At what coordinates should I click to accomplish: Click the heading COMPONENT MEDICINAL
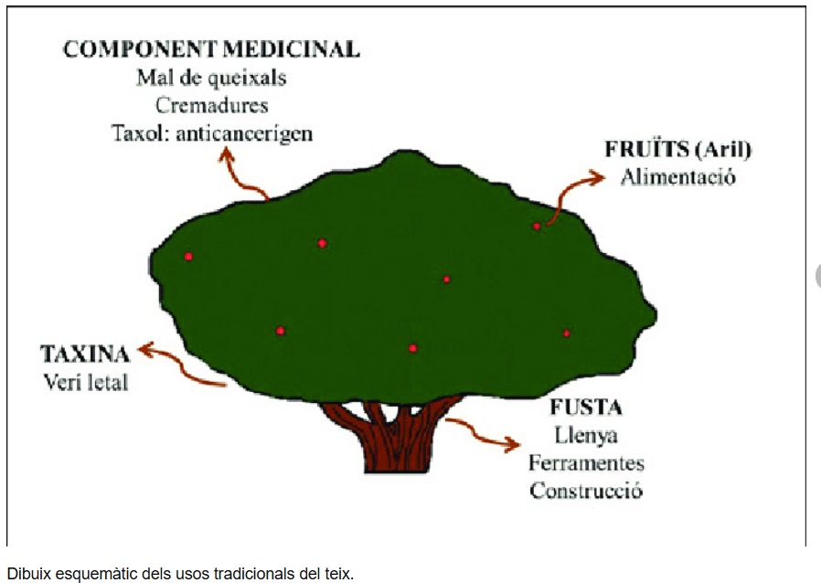click(211, 49)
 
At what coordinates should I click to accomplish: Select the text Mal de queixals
click(211, 77)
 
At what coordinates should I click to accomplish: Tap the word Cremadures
click(211, 104)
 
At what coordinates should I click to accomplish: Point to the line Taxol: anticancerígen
click(212, 132)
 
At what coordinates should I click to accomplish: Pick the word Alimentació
click(677, 177)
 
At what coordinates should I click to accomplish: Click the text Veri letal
click(86, 381)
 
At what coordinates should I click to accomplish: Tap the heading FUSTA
click(585, 408)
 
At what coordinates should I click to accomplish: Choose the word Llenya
click(585, 435)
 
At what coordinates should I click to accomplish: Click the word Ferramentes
click(586, 463)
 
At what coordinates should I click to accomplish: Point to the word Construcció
click(586, 491)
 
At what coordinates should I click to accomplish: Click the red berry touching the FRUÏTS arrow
click(537, 226)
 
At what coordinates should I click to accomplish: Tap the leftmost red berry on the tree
click(188, 256)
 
